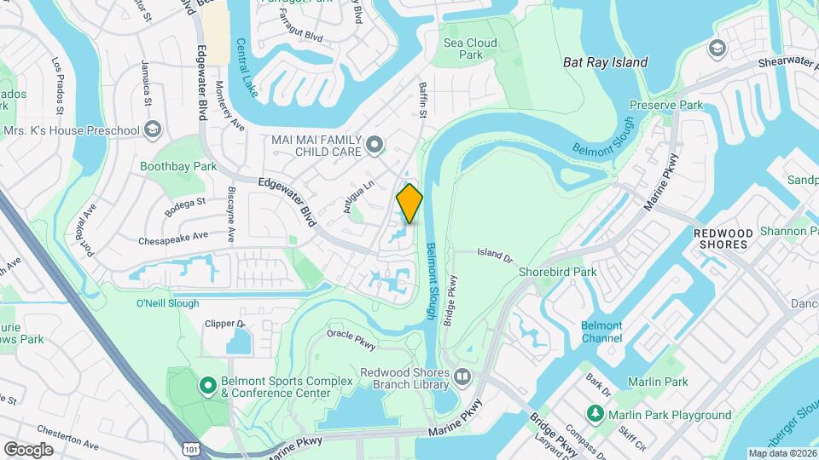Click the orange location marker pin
point(409,203)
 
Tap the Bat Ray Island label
point(606,62)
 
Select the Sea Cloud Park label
point(463,49)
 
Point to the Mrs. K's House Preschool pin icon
point(153,129)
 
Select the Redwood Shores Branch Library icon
point(462,376)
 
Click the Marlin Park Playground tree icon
point(597,414)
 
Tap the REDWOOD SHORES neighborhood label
point(722,239)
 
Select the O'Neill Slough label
point(167,303)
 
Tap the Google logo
point(28,449)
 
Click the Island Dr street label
point(494,254)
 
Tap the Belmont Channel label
point(601,331)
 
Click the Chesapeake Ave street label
point(173,236)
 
